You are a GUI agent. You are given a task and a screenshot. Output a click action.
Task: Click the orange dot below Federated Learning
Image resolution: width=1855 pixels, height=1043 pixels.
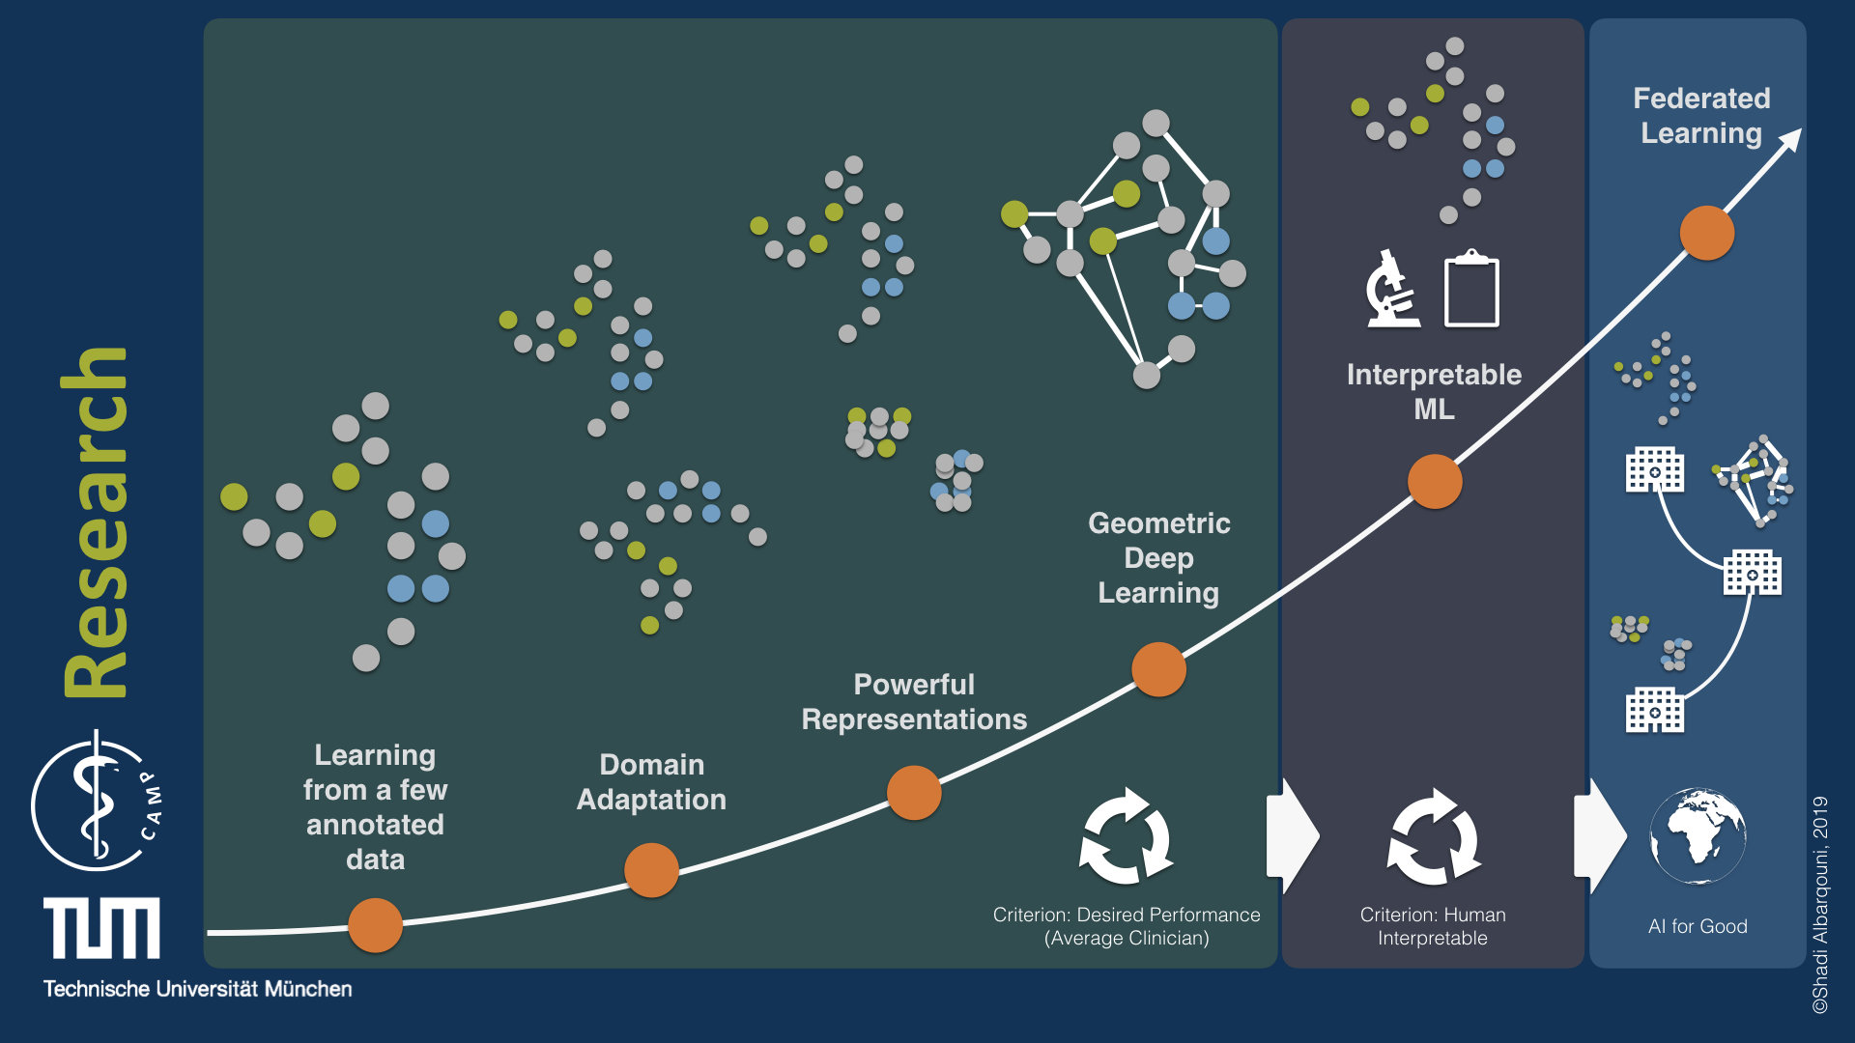1707,233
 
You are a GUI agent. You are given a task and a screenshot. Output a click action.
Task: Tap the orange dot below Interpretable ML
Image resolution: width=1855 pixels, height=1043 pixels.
1435,481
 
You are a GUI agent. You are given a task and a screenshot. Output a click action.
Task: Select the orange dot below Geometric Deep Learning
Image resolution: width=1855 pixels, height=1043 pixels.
1158,669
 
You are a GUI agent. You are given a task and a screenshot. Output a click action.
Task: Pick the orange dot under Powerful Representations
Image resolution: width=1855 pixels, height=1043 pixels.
914,793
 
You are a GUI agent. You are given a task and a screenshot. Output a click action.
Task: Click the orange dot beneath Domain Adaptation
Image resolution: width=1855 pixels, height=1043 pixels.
651,870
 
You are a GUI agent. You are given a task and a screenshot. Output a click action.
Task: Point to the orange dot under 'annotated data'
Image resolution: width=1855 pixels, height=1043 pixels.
375,925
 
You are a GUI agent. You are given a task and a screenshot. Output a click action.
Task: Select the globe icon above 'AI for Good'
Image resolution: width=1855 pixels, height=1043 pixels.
1698,836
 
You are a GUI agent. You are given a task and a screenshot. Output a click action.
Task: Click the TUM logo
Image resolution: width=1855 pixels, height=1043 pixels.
101,928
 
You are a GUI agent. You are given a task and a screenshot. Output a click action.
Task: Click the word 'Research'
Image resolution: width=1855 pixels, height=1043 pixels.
94,521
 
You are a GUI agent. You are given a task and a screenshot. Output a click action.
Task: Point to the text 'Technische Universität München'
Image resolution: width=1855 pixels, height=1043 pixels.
197,989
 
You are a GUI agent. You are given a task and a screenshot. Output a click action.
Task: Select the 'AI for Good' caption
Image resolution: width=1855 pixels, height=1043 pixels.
1698,926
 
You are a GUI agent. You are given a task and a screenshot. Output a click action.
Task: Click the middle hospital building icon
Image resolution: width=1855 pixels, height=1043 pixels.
1753,573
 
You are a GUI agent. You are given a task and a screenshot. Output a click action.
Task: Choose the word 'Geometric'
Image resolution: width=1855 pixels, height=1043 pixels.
1158,523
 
